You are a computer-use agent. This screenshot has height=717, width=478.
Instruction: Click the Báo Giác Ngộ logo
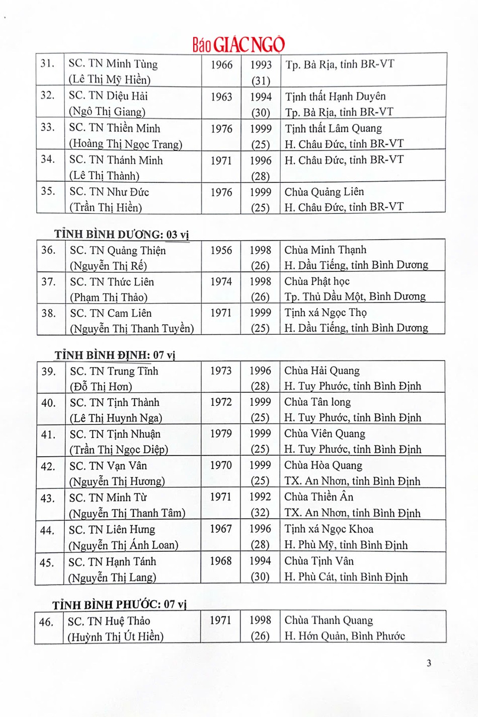pyautogui.click(x=238, y=44)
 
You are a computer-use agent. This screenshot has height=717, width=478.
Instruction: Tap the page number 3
pyautogui.click(x=429, y=663)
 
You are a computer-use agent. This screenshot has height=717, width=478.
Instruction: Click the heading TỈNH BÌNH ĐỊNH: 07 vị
pyautogui.click(x=115, y=355)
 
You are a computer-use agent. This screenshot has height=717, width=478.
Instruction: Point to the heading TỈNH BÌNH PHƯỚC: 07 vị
pyautogui.click(x=119, y=604)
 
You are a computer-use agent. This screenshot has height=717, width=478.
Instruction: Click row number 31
pyautogui.click(x=48, y=63)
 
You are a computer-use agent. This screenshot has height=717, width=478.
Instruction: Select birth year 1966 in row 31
pyautogui.click(x=221, y=64)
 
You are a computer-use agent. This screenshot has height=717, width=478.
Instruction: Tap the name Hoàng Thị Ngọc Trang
pyautogui.click(x=125, y=144)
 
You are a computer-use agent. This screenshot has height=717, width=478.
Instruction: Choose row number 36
pyautogui.click(x=48, y=250)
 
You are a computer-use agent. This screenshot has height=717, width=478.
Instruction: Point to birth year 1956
pyautogui.click(x=221, y=250)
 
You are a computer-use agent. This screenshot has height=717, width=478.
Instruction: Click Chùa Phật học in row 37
pyautogui.click(x=316, y=281)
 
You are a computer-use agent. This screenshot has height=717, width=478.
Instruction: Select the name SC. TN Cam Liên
pyautogui.click(x=111, y=313)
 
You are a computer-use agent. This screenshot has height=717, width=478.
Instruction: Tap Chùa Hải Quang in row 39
pyautogui.click(x=322, y=371)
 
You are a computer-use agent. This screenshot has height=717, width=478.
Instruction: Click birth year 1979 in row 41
pyautogui.click(x=221, y=434)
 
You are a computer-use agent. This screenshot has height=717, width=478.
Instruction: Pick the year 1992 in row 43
pyautogui.click(x=260, y=497)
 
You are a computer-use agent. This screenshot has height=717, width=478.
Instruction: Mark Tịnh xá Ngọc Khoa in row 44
pyautogui.click(x=329, y=529)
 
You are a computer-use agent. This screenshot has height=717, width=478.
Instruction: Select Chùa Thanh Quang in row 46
pyautogui.click(x=329, y=620)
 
